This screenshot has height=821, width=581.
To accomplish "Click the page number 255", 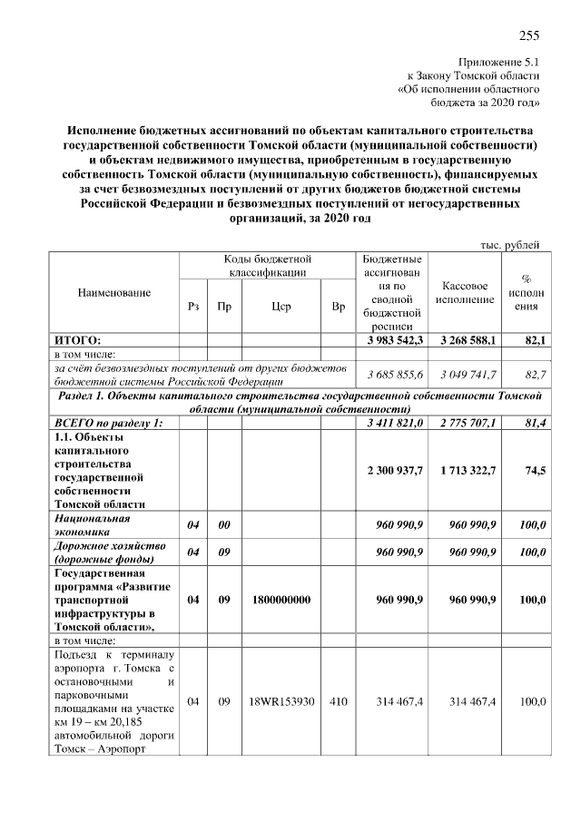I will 529,36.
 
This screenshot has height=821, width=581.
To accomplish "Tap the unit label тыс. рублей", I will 510,244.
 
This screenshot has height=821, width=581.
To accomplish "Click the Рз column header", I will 192,307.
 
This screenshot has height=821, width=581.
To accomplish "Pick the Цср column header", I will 281,307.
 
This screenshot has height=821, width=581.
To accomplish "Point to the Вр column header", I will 339,307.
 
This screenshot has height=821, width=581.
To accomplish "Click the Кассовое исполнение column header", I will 464,292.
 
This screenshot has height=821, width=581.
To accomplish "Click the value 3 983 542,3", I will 395,339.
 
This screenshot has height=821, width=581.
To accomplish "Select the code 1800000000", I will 281,600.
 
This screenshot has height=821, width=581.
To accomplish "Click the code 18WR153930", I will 281,702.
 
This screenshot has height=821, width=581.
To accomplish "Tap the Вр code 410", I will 339,702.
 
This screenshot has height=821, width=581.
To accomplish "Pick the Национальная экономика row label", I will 93,525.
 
